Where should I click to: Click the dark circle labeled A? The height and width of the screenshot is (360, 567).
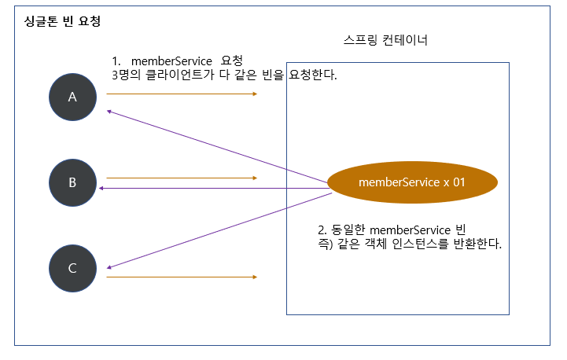[72, 97]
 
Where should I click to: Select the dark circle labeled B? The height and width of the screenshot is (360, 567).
[72, 182]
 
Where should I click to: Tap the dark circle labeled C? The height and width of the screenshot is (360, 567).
[72, 268]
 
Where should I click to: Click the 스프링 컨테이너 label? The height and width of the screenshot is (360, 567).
[385, 40]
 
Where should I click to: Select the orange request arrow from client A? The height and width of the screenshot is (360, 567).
[181, 94]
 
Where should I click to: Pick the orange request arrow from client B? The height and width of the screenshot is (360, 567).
[181, 178]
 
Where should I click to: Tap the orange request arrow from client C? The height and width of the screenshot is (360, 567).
[181, 277]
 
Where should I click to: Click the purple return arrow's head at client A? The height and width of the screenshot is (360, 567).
[111, 112]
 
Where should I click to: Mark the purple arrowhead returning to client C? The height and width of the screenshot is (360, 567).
[110, 266]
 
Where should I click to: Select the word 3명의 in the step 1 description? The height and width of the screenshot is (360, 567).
[127, 76]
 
